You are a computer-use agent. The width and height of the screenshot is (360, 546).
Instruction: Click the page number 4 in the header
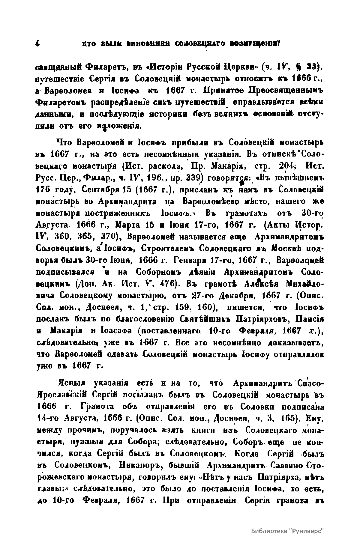pos(37,43)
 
